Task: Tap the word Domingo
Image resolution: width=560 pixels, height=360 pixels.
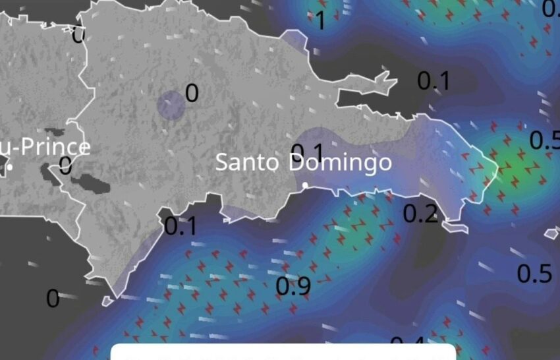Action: coord(340,162)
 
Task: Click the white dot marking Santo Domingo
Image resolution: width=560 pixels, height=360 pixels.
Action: coord(305,185)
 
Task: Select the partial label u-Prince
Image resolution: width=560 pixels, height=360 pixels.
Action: coord(45,146)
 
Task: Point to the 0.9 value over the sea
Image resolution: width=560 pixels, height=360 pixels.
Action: coord(293,286)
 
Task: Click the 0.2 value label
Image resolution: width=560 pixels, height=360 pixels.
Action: coord(420,213)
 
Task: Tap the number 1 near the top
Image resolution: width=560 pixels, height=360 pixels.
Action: coord(321,21)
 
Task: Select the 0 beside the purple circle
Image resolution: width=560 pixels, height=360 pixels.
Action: coord(192,94)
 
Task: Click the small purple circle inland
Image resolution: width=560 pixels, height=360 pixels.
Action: coord(171,105)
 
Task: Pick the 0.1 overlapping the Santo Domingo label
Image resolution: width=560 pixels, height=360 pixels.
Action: coord(307,152)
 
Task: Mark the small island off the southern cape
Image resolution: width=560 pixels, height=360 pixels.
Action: coord(107,301)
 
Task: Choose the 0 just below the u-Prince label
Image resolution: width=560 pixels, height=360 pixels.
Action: coord(65,165)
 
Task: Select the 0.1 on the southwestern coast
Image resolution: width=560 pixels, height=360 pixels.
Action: coord(181,226)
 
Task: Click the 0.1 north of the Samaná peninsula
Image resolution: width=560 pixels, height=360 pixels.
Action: coord(434,80)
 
